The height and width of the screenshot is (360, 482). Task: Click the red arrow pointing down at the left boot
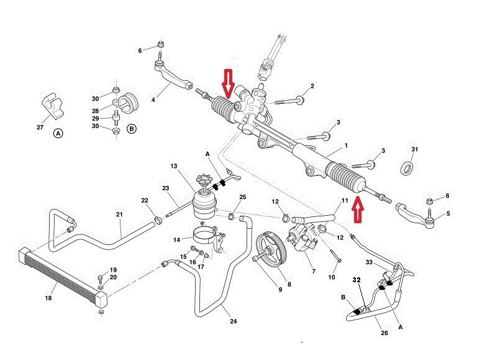[x=228, y=83]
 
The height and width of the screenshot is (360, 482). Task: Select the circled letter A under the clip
[x=58, y=133]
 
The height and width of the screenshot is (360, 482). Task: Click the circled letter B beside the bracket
[x=131, y=129]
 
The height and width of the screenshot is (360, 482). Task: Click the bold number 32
[x=357, y=280]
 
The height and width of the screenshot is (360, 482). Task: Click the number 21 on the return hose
[x=119, y=215]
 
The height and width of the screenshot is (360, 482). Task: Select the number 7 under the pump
[x=312, y=272]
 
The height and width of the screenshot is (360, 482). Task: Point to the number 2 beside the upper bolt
[x=312, y=86]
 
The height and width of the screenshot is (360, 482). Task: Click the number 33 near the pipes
[x=369, y=264]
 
